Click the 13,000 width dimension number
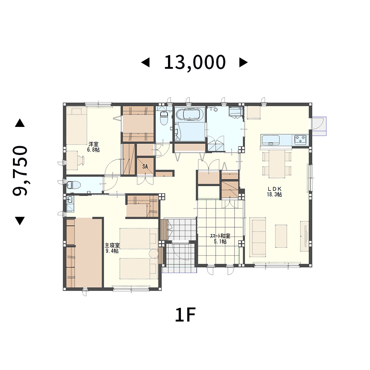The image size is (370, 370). coord(195,62)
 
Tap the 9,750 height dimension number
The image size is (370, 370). coord(20,171)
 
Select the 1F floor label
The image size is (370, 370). coord(185,315)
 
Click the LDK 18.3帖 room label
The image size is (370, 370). coord(275,192)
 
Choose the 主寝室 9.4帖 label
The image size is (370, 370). coord(112,248)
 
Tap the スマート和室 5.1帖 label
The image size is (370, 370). coord(220,239)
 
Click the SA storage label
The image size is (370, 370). coord(145,166)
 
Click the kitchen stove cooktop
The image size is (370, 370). coord(300,140)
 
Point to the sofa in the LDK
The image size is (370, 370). coord(258,237)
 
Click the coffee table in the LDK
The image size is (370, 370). coord(281,236)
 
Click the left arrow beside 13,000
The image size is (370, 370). coord(145,63)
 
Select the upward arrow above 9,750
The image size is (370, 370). coord(20,123)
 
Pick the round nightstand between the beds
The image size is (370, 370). coord(154,254)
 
